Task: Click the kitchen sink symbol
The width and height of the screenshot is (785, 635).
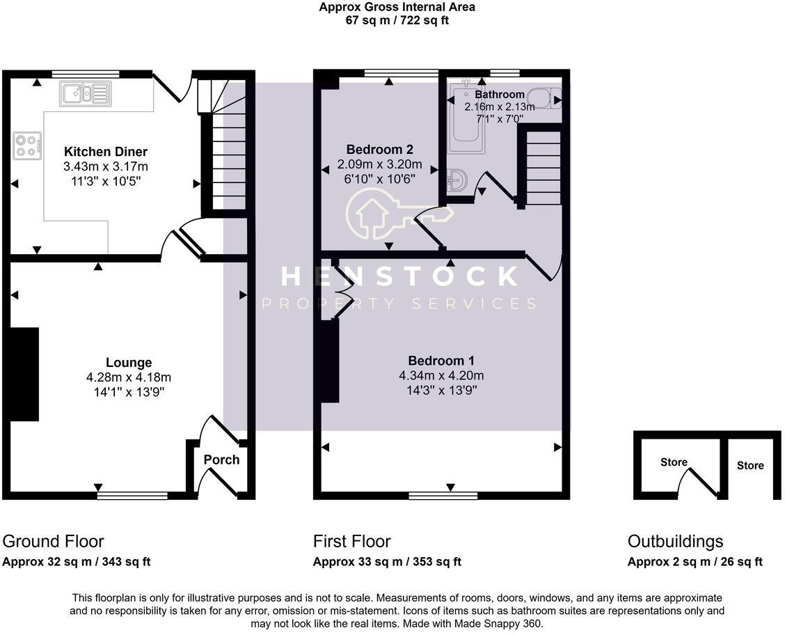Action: click(x=85, y=93)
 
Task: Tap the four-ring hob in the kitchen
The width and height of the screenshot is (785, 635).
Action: click(x=26, y=146)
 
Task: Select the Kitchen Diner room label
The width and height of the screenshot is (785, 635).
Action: click(x=106, y=152)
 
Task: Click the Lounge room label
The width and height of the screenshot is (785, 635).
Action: click(x=129, y=362)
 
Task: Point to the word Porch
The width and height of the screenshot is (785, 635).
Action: click(x=221, y=460)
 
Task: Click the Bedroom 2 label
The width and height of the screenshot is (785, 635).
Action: click(x=380, y=149)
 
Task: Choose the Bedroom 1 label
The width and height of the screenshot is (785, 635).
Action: click(x=441, y=361)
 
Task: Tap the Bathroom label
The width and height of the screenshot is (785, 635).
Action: click(x=500, y=95)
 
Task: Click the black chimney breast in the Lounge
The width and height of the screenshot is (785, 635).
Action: click(x=24, y=374)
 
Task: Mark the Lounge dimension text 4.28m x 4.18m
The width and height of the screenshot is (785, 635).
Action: click(x=129, y=377)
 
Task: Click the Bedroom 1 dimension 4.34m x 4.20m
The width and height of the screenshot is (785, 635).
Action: click(x=441, y=376)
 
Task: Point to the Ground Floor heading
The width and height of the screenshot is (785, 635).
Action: click(x=54, y=541)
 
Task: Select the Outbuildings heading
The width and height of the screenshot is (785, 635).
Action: click(x=675, y=541)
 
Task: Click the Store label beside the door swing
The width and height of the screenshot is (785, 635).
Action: click(x=674, y=462)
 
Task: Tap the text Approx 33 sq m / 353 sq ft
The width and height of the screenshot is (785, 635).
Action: click(x=387, y=562)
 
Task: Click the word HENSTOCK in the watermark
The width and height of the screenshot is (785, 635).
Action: click(x=399, y=276)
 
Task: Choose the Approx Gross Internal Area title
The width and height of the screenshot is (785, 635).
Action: click(x=397, y=8)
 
